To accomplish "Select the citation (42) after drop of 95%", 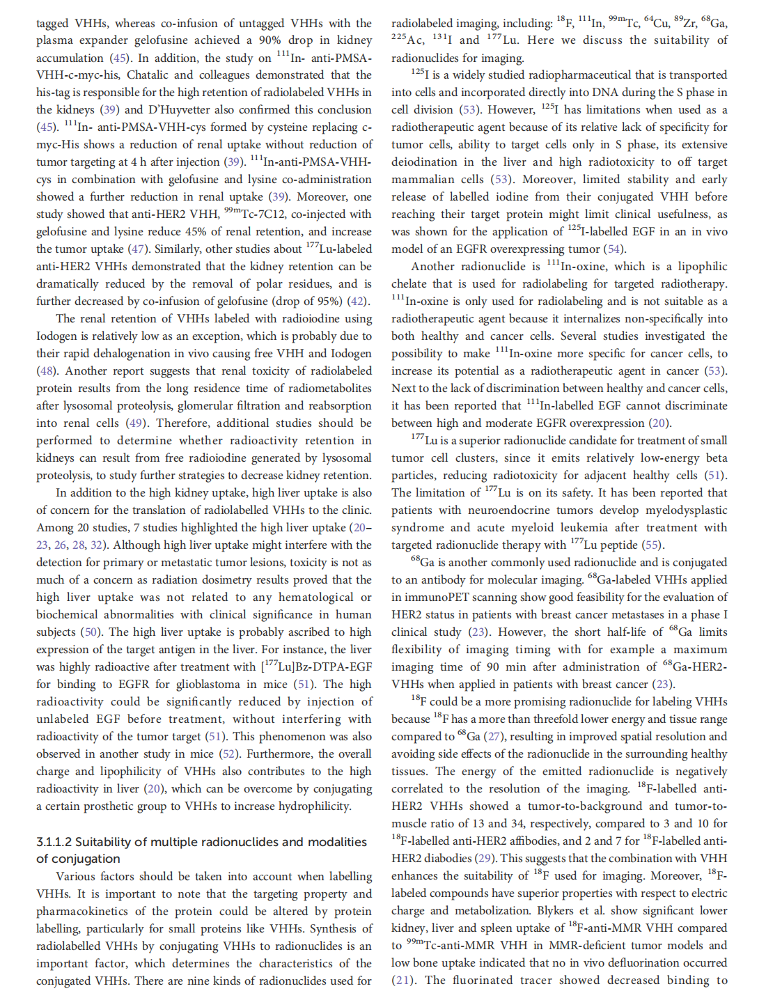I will [358, 301].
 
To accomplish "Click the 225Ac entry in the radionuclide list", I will [407, 40].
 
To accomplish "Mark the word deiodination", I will [423, 162].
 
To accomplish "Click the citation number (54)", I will [613, 249].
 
